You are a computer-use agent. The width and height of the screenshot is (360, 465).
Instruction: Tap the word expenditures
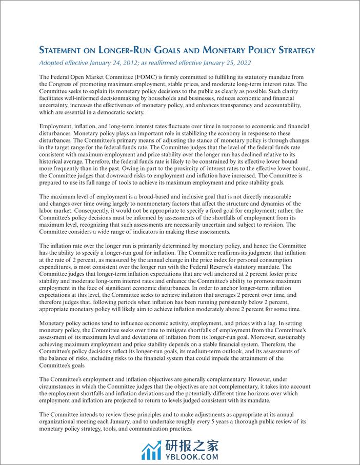point(60,267)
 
